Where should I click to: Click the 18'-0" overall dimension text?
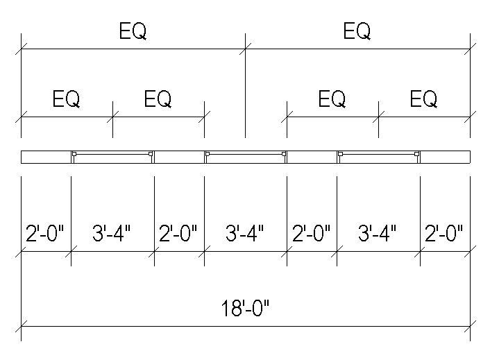[x=245, y=308]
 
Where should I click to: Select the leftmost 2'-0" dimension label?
[x=44, y=233]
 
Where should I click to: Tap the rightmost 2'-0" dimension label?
[x=443, y=233]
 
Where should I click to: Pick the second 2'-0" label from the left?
[x=178, y=233]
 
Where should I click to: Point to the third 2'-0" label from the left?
[x=311, y=233]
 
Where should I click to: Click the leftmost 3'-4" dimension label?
[x=112, y=233]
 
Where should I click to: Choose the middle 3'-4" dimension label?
[x=245, y=233]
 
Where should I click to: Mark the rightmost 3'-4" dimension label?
[x=378, y=233]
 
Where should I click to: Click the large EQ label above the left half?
[x=133, y=31]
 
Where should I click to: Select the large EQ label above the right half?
[x=357, y=31]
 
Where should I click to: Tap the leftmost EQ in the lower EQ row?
[x=66, y=99]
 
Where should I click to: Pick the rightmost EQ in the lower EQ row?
[x=423, y=99]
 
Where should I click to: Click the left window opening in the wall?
[x=112, y=157]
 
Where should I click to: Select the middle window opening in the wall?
[x=246, y=157]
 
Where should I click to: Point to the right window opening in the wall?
[x=378, y=157]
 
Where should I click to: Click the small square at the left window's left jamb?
[x=74, y=153]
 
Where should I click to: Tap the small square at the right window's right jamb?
[x=416, y=153]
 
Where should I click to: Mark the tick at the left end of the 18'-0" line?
[x=22, y=326]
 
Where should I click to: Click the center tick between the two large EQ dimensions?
[x=245, y=49]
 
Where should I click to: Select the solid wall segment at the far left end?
[x=46, y=157]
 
